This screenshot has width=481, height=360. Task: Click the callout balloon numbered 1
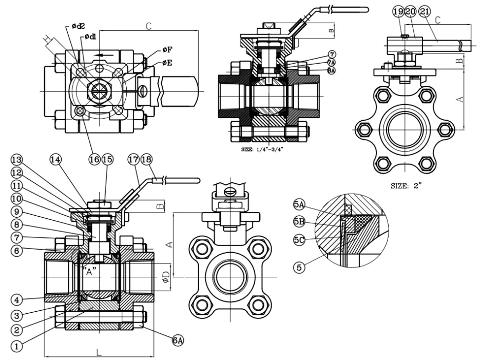tap(17, 347)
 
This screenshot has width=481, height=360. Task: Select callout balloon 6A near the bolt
tap(178, 339)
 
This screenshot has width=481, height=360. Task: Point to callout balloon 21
tap(424, 11)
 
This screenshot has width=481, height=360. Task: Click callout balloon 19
tap(398, 11)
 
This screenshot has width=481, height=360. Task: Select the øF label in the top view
tap(167, 50)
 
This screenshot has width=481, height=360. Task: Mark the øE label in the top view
tap(167, 63)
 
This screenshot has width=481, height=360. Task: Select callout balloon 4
tap(17, 299)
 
